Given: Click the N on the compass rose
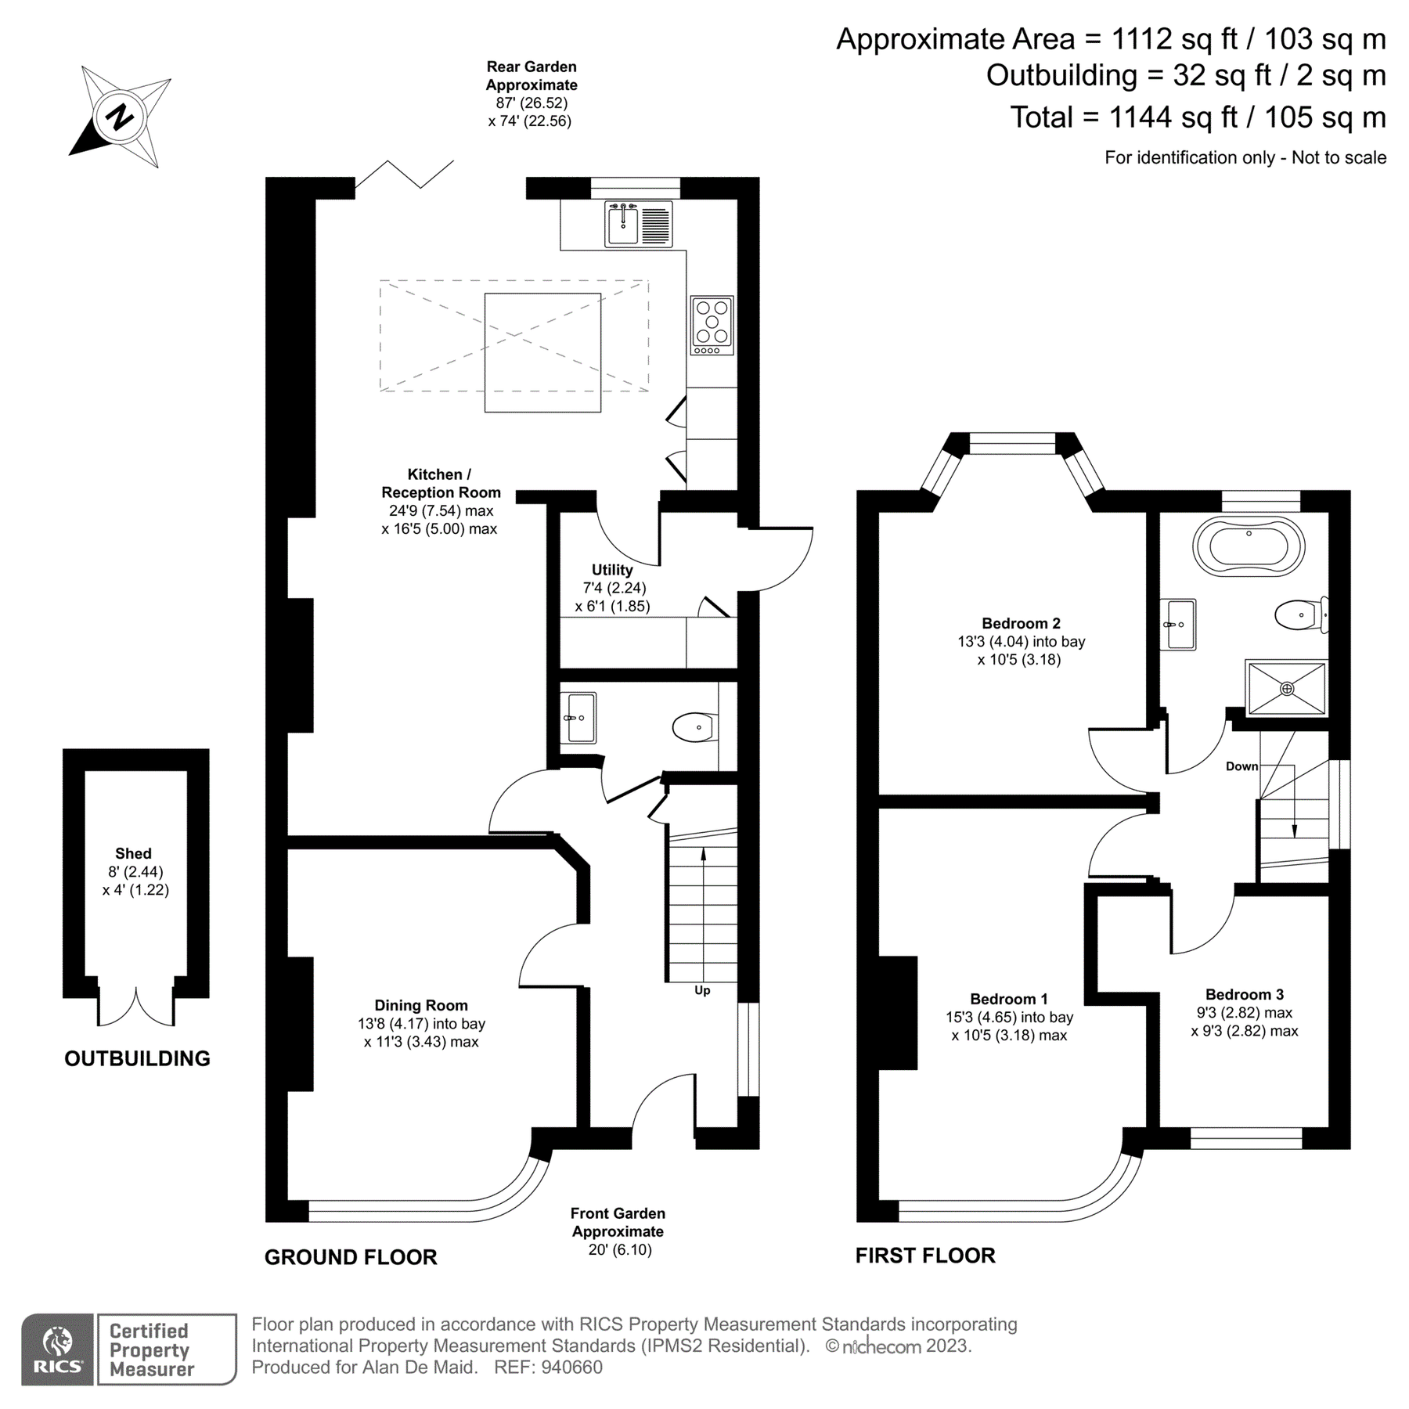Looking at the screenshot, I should coord(120,118).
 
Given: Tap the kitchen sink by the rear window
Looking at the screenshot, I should coord(624,224).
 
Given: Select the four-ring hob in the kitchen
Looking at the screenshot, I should coord(712,324).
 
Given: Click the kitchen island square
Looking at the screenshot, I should coord(542,352).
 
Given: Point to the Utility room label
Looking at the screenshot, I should coord(611,570).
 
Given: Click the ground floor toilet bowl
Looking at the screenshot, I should coord(694,727).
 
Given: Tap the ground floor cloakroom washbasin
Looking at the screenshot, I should coord(580,717).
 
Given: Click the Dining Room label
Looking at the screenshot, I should coord(420,1005).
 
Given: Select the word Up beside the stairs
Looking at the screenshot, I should coord(702,990).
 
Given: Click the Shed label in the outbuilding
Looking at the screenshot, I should coord(133,853).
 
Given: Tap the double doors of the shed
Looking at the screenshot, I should coord(136,1007).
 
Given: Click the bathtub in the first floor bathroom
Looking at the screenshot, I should coord(1249,547).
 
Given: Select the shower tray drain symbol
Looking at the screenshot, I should coord(1287,689).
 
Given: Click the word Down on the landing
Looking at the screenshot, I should coord(1241,766).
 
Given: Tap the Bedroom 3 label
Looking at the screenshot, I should coord(1244,994).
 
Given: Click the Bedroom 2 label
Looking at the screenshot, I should coord(1021,623).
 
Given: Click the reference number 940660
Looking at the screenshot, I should coord(571,1368).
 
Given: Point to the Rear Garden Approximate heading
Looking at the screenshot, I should coord(531,76).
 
